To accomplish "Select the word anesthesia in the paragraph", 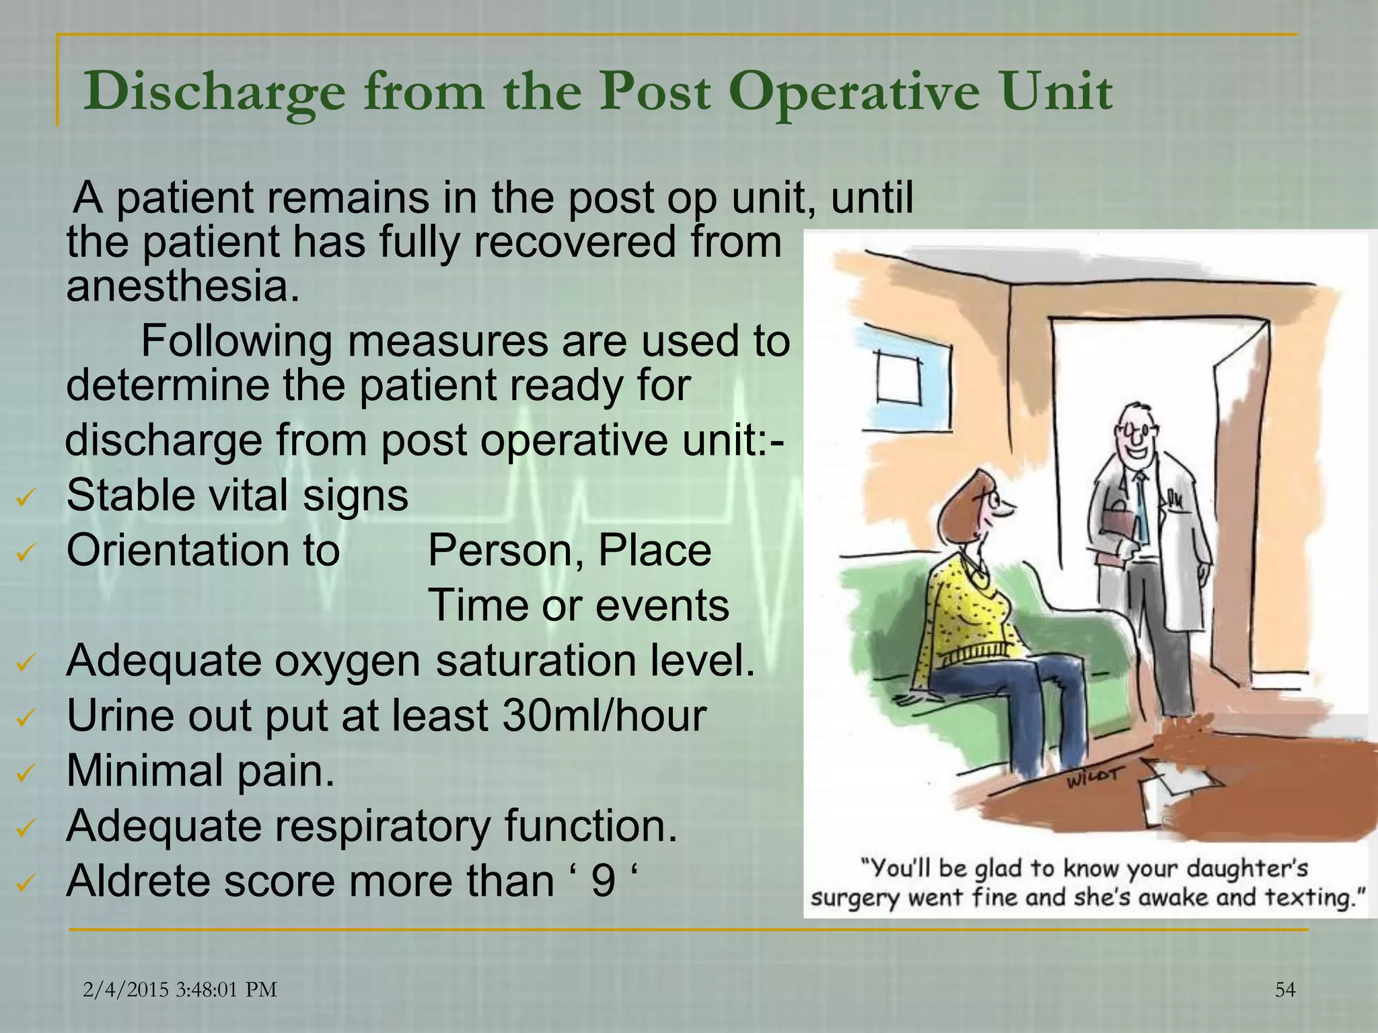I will point(182,286).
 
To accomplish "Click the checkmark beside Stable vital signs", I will point(25,498).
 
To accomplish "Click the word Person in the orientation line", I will point(505,551).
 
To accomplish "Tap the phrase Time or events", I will point(578,605).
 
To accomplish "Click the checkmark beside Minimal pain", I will point(25,773).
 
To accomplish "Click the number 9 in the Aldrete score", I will point(603,880).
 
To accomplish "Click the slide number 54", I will point(1285,990).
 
